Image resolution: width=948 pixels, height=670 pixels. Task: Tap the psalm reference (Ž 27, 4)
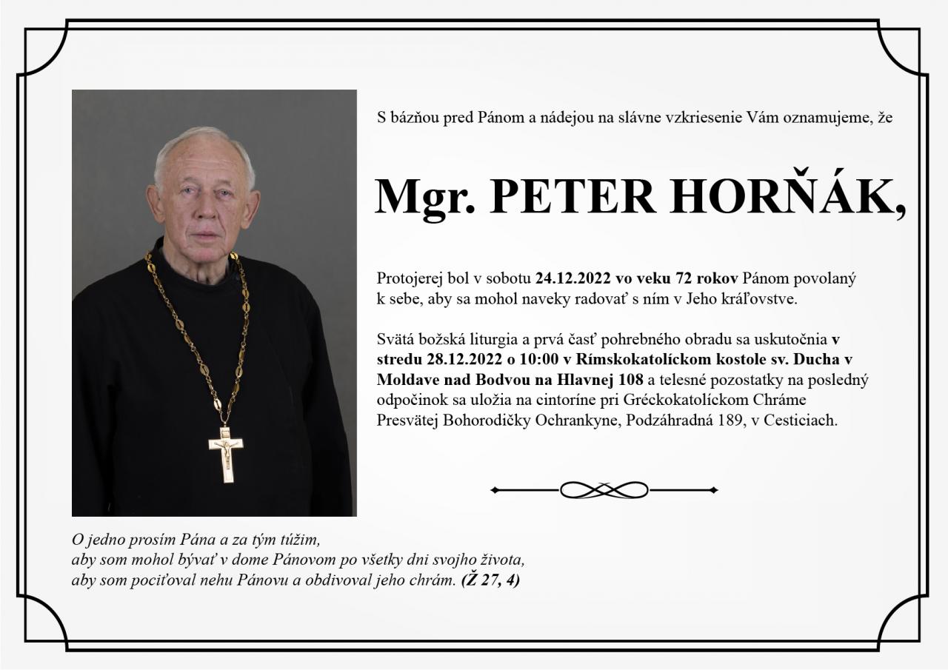[x=490, y=580]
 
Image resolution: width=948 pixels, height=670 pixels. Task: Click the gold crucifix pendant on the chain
[x=226, y=453]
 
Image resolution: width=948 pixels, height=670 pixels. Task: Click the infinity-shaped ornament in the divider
[x=604, y=489]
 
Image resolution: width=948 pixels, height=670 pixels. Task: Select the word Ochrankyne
[x=577, y=421]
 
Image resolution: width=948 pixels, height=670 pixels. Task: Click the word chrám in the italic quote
[x=436, y=580]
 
